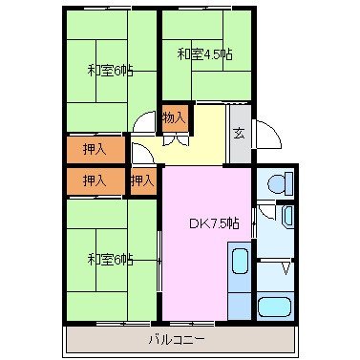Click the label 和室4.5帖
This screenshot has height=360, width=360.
[x=203, y=54]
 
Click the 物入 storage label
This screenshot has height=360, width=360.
[x=173, y=117]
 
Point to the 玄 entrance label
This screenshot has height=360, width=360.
[x=239, y=133]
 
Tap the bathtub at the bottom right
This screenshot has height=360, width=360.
[x=276, y=307]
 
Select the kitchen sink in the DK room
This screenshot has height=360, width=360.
[x=239, y=262]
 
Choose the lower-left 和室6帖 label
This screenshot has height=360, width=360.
[x=110, y=259]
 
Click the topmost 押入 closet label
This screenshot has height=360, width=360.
[x=94, y=150]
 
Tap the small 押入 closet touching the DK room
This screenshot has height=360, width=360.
[x=142, y=180]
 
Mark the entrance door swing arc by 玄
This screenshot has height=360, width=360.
[x=266, y=134]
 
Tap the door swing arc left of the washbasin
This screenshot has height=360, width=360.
[x=265, y=215]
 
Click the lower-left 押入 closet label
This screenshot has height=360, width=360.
[x=94, y=180]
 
